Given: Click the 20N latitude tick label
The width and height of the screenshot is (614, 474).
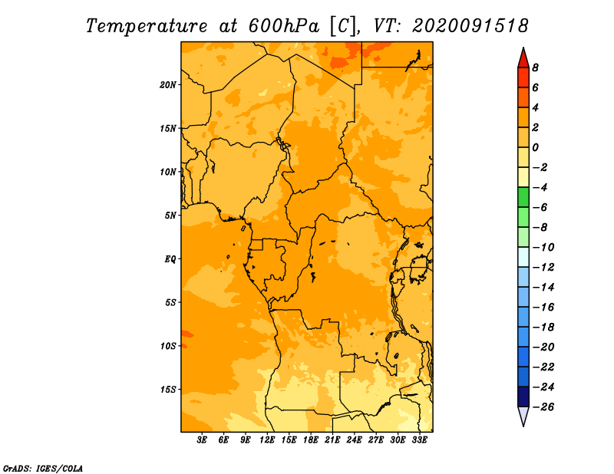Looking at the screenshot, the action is coord(168,85).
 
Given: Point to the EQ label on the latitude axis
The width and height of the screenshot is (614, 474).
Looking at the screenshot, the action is coord(170,259).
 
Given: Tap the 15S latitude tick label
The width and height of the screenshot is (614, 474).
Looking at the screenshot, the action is coord(168,390).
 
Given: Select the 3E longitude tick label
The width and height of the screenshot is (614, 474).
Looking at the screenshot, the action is coord(202,440).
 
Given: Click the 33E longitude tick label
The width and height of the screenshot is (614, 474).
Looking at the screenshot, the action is coord(419,440).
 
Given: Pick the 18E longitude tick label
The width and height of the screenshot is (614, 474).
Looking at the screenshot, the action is coord(311,440).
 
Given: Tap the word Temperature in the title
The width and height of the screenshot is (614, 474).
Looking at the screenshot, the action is coord(147,27).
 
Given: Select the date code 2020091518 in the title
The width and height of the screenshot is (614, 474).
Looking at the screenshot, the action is coord(470,26).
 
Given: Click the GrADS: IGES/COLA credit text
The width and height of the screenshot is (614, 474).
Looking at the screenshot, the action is coord(43,469).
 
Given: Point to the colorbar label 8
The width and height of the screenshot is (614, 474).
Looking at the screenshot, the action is coord(535,67).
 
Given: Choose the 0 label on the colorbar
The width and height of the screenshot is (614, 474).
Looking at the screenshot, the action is coord(535,147).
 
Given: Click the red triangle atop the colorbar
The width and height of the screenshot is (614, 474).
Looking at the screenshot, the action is coord(523,59).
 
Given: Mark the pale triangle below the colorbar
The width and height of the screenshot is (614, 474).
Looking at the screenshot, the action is coord(523,415).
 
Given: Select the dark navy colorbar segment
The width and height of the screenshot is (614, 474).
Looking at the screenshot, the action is coord(523,397).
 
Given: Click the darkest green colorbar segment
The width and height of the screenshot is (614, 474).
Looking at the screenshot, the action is coord(523,197).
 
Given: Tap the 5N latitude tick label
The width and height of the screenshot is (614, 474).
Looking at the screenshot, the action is coord(170,216).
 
